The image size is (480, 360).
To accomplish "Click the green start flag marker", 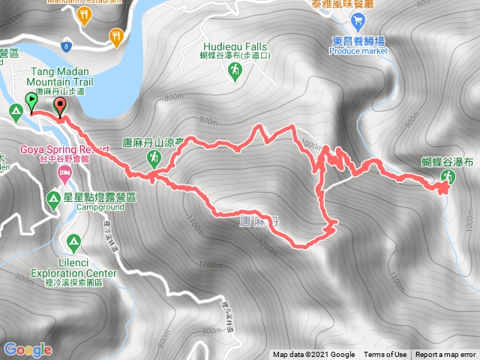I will coord(31,100).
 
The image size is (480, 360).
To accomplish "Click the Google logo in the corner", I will coord(28,349).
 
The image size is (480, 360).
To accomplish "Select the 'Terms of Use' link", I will coord(385,355).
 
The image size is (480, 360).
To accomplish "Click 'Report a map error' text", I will coord(447,355).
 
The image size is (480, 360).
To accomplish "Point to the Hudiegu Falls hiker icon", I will coord(235,70).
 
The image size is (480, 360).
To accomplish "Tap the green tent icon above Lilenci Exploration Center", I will coord(73,243).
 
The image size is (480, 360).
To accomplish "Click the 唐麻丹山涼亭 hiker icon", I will coord(154,157).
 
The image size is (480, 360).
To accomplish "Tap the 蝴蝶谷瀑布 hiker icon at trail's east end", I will coord(448,177).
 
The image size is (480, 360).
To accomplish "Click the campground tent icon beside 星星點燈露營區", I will coord(54,199).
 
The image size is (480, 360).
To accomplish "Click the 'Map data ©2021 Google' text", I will coord(313,355).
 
